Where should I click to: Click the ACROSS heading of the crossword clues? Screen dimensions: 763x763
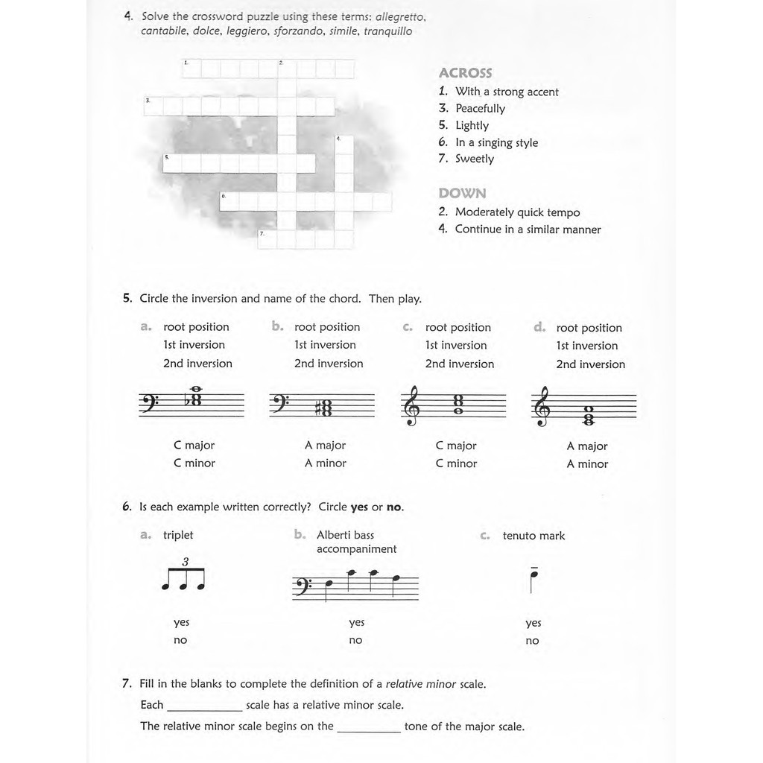[x=465, y=73]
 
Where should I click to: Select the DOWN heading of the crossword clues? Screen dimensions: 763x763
[x=462, y=194]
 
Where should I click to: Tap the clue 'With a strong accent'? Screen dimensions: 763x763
[x=507, y=92]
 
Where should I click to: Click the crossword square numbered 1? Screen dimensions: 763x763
[x=191, y=69]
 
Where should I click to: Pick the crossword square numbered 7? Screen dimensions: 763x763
[x=267, y=238]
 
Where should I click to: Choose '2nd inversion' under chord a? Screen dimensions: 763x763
[x=197, y=364]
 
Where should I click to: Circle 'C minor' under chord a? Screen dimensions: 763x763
[x=194, y=463]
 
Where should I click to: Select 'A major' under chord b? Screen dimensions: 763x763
[x=325, y=446]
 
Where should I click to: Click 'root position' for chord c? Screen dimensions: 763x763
[x=458, y=328]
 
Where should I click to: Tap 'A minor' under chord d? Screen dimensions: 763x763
[x=587, y=464]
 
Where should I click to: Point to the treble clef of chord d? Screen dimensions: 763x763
[x=542, y=406]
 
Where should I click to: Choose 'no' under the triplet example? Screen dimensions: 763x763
[x=180, y=640]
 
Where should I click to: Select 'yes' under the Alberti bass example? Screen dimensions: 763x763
[x=357, y=622]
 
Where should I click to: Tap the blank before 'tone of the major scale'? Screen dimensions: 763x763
[x=368, y=727]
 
